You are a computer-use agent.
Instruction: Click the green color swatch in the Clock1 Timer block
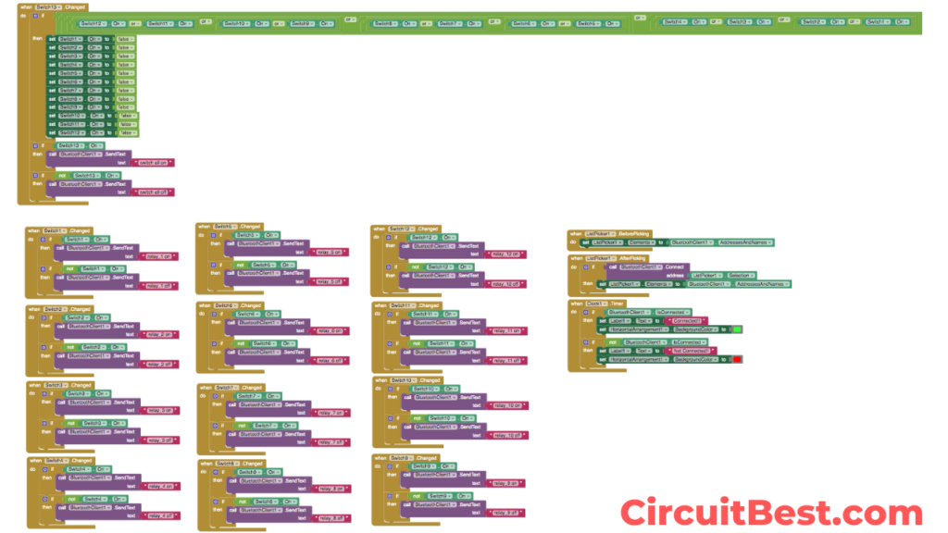pyautogui.click(x=737, y=329)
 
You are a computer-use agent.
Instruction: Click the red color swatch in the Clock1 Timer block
pyautogui.click(x=737, y=359)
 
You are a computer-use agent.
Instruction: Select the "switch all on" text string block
pyautogui.click(x=155, y=163)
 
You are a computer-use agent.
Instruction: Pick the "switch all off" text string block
pyautogui.click(x=155, y=192)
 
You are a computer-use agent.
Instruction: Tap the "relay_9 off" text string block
pyautogui.click(x=505, y=512)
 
